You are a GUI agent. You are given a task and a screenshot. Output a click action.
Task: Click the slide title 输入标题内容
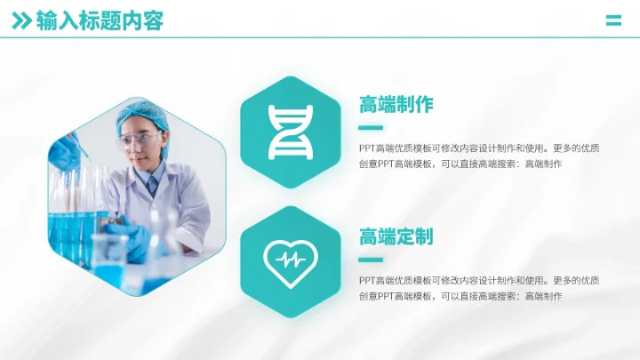pos(100,21)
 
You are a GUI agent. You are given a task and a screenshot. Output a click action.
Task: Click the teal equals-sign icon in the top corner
pos(613,21)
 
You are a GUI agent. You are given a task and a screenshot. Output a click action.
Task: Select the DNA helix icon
pos(291,132)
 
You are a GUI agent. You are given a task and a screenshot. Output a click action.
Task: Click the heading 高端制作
pos(396,105)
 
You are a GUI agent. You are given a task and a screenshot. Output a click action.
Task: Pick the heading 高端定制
pos(396,236)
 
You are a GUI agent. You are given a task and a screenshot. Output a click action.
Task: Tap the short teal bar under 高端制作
pos(371,127)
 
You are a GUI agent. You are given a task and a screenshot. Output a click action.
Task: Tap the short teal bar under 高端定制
pos(371,260)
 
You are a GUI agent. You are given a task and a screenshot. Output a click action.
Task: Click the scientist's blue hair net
pos(140,114)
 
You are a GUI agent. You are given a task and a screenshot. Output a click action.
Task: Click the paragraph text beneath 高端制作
pos(479,156)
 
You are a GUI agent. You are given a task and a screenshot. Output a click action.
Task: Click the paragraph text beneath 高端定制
pos(479,287)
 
